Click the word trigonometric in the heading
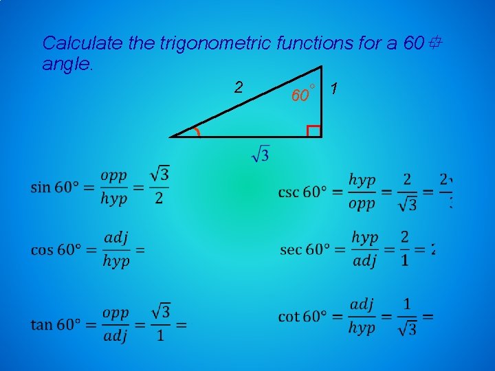click(x=215, y=43)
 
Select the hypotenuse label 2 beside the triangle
click(x=238, y=87)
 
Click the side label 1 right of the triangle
click(x=333, y=89)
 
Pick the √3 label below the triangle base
click(x=261, y=153)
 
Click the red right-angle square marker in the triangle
click(x=313, y=131)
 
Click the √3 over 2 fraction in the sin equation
click(x=159, y=185)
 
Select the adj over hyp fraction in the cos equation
click(x=115, y=249)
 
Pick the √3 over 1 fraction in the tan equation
click(x=159, y=323)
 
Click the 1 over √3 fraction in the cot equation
click(x=407, y=316)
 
